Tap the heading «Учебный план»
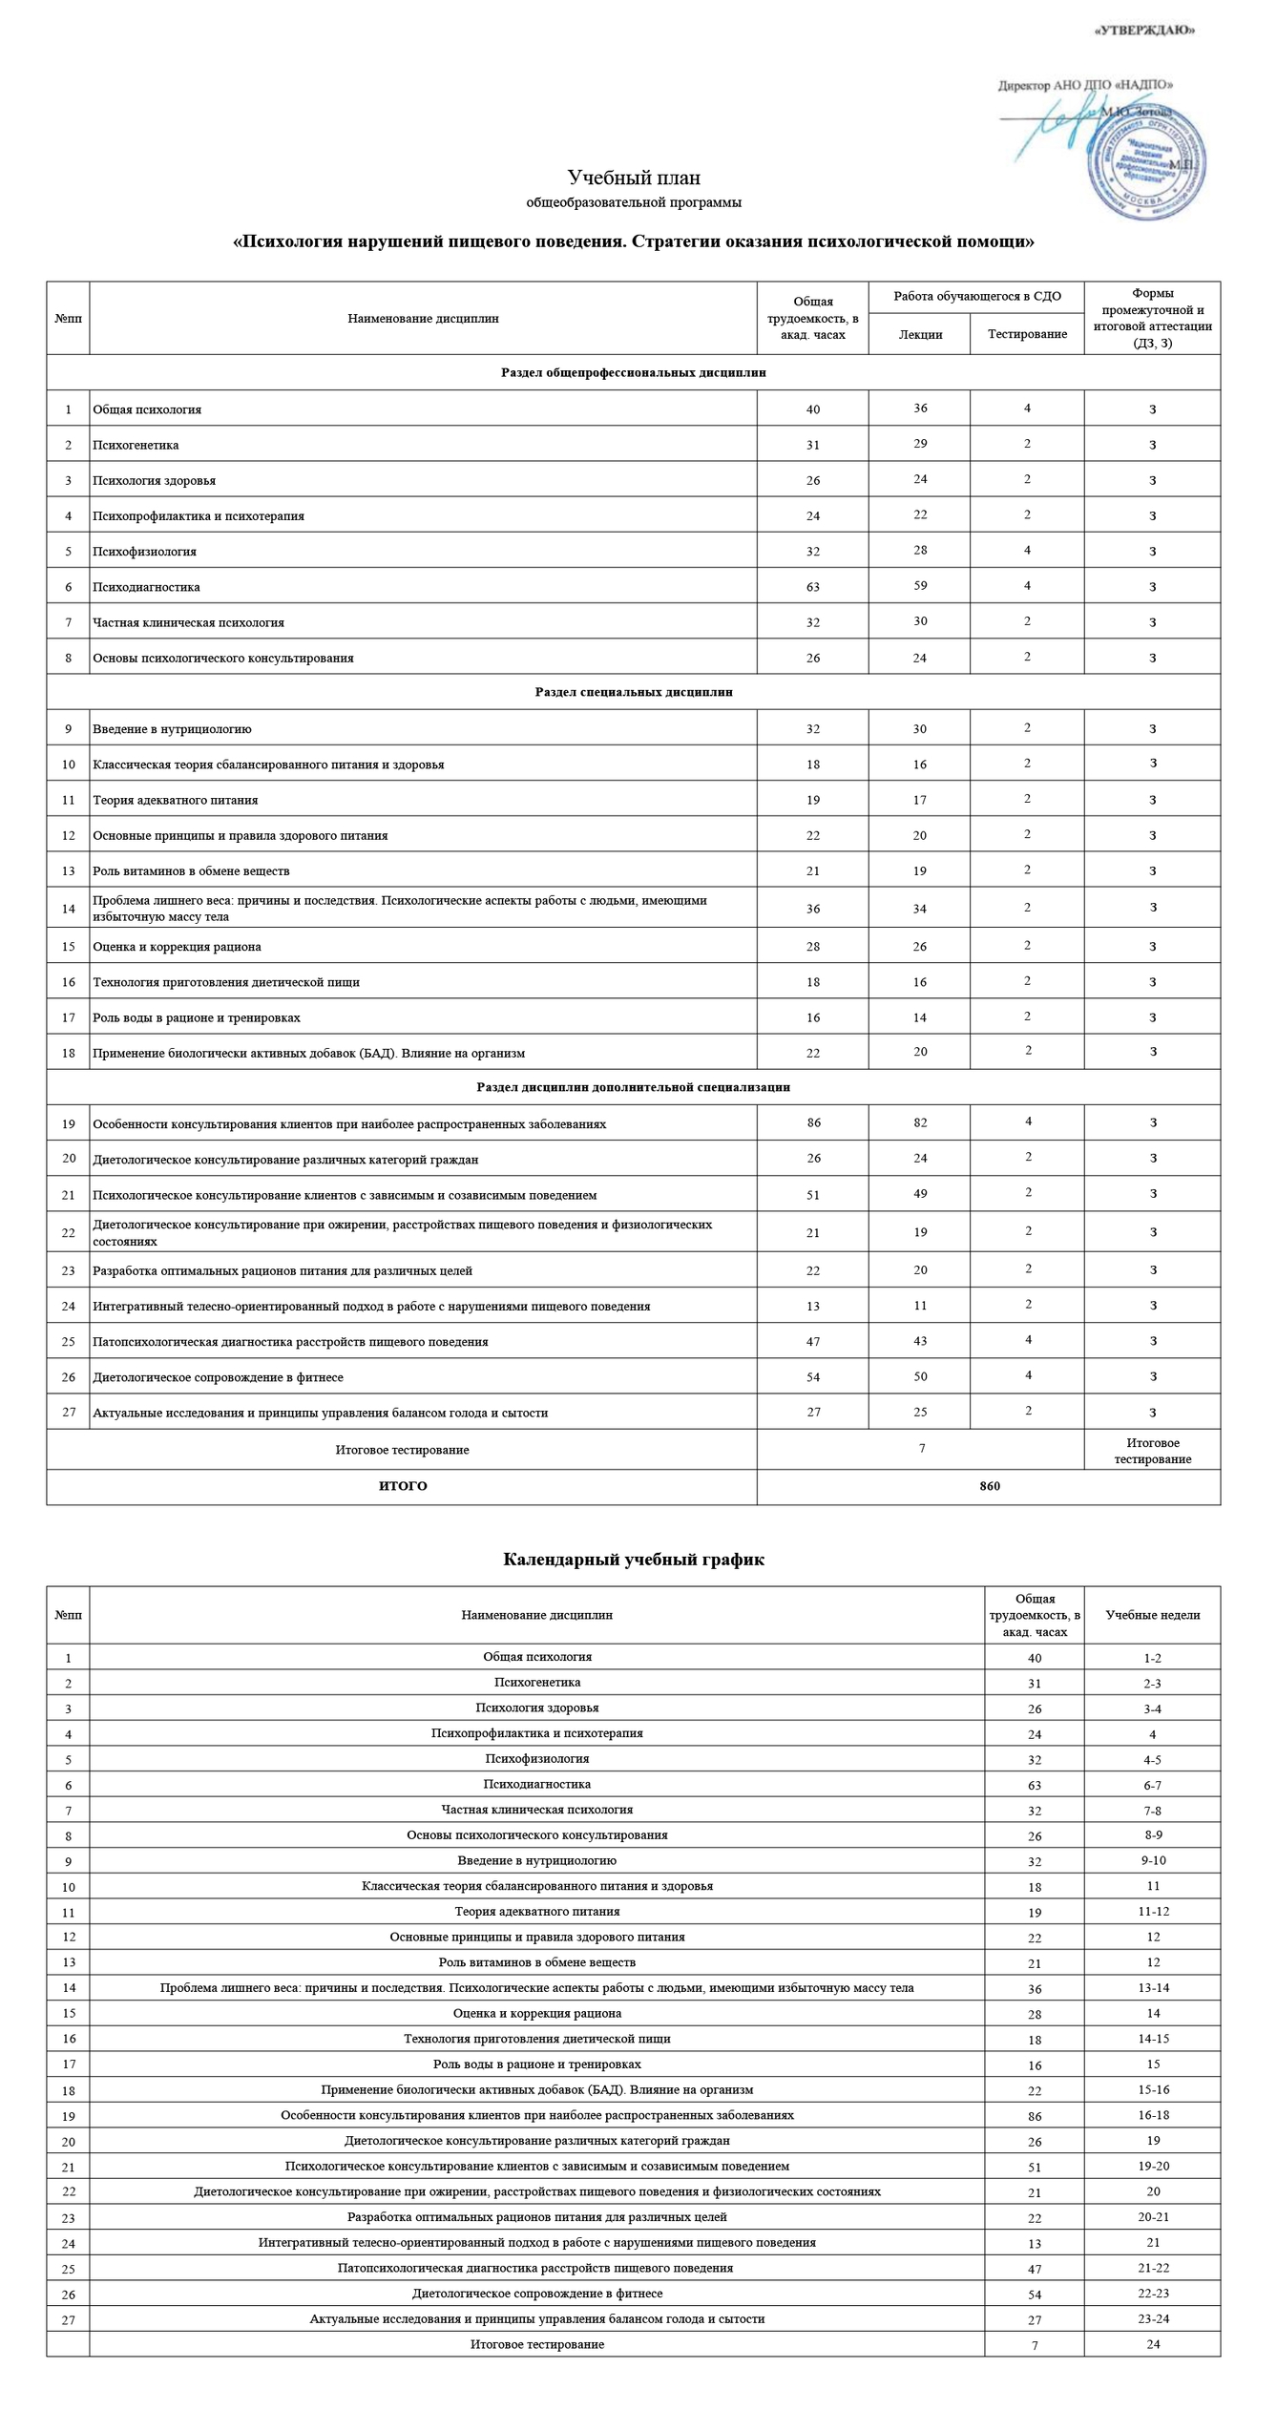[x=634, y=178]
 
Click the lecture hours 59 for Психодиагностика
[x=920, y=585]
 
